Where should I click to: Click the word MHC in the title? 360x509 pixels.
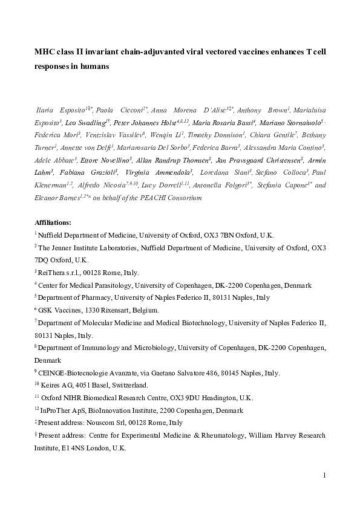[x=44, y=53]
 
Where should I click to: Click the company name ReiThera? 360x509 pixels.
[x=52, y=273]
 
